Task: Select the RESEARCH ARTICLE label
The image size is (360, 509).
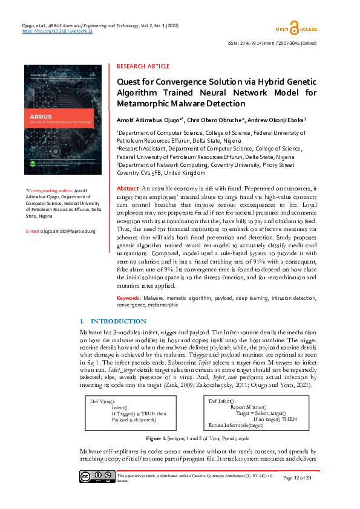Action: click(143, 66)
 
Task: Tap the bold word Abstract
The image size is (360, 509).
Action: click(128, 189)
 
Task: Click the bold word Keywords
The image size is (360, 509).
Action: click(129, 298)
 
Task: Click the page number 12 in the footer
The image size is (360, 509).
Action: click(301, 478)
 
